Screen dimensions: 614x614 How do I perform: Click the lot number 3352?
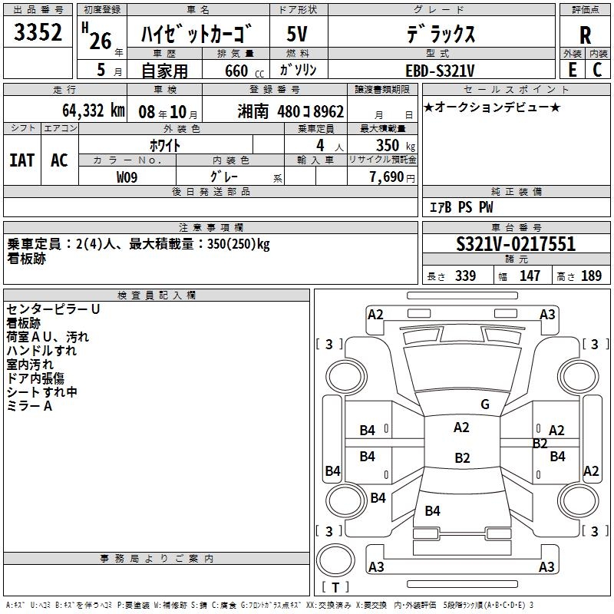click(x=38, y=32)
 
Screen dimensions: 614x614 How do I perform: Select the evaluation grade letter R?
click(x=585, y=35)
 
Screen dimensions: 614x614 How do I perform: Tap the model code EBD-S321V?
click(x=440, y=71)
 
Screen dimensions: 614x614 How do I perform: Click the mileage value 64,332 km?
click(x=94, y=111)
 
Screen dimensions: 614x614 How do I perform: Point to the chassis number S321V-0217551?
click(x=516, y=244)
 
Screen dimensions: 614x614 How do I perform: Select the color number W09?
click(x=127, y=177)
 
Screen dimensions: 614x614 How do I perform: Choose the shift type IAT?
click(x=22, y=160)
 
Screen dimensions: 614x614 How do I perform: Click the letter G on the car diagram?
click(x=485, y=404)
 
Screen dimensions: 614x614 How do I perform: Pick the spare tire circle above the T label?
click(x=335, y=560)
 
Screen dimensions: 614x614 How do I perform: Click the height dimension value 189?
click(x=591, y=276)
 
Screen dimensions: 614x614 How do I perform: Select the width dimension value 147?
click(x=530, y=276)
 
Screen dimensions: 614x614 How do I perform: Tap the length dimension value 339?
click(x=465, y=276)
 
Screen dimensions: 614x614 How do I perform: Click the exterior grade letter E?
click(x=572, y=70)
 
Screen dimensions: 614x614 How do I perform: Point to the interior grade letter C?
click(x=597, y=70)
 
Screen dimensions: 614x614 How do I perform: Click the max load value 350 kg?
click(x=395, y=145)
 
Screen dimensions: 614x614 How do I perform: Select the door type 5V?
click(x=297, y=34)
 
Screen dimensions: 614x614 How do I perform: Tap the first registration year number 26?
click(x=101, y=41)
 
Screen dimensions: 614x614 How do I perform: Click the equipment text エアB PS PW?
click(x=461, y=207)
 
